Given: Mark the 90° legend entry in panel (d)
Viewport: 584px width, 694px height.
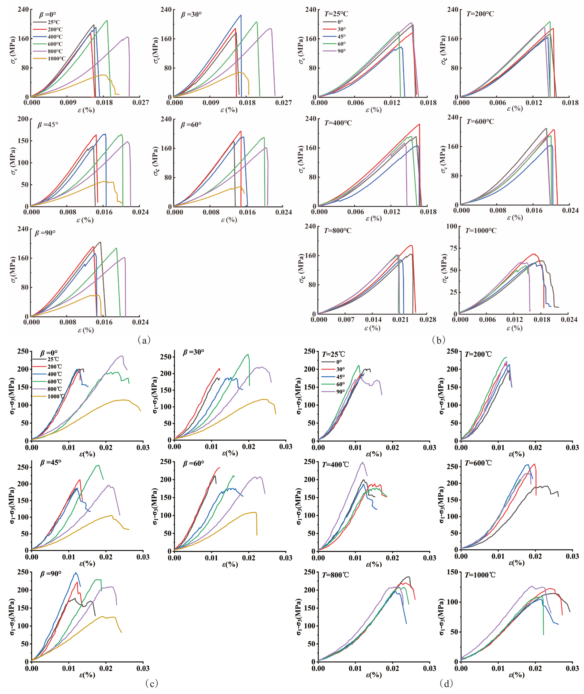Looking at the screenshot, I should click(340, 391).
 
